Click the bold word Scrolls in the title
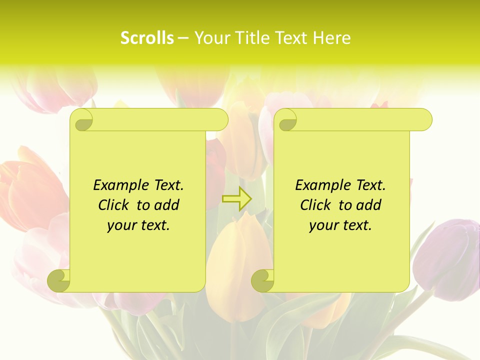point(147,38)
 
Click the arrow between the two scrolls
point(236,198)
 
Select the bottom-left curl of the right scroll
point(262,280)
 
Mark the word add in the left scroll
point(167,205)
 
